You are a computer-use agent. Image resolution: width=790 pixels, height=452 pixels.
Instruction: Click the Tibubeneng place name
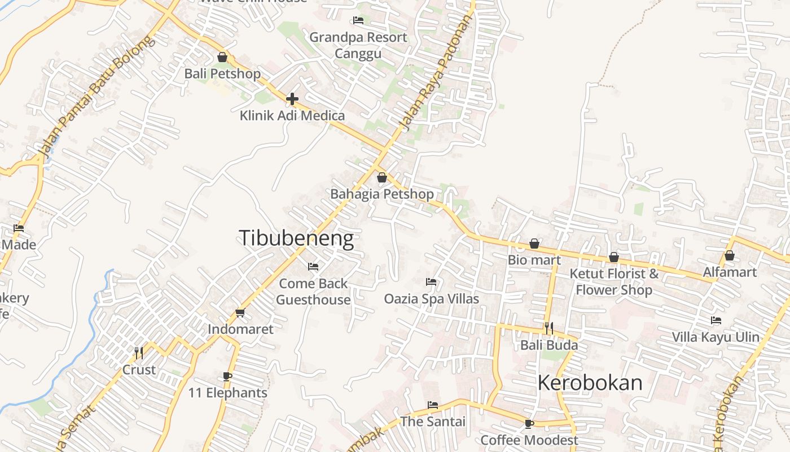tap(296, 238)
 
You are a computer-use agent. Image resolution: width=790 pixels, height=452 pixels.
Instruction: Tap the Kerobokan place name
tap(590, 383)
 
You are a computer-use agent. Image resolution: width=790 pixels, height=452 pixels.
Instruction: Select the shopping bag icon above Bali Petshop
tap(222, 57)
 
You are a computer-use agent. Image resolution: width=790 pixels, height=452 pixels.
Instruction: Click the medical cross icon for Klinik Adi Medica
tap(292, 99)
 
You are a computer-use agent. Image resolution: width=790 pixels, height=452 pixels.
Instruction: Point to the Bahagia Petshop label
tap(382, 194)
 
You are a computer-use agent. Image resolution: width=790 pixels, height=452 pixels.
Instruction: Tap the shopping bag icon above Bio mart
tap(534, 244)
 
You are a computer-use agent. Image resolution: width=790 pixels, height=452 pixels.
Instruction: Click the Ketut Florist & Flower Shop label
tap(614, 281)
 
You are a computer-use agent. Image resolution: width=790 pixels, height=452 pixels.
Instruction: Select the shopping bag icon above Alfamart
tap(729, 255)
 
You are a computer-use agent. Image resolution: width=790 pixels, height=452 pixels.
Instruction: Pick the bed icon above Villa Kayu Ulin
tap(716, 320)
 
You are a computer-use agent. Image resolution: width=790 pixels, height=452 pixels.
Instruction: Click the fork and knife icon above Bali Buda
tap(548, 328)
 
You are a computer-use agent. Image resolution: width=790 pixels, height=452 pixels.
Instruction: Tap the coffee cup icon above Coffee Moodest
tap(529, 423)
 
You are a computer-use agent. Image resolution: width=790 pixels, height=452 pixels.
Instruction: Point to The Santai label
tap(433, 421)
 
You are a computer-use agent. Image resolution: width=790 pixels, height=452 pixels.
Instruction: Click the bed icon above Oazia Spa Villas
tap(431, 281)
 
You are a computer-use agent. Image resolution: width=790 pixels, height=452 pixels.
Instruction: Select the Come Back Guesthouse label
tap(313, 292)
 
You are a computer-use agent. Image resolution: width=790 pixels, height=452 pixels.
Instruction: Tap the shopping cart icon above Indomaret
tap(240, 312)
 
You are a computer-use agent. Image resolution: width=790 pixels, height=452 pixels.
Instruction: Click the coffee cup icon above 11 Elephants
tap(227, 376)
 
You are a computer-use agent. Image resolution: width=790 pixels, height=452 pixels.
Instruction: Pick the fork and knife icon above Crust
tap(139, 353)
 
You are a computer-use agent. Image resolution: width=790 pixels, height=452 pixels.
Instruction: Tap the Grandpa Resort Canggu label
tap(358, 45)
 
